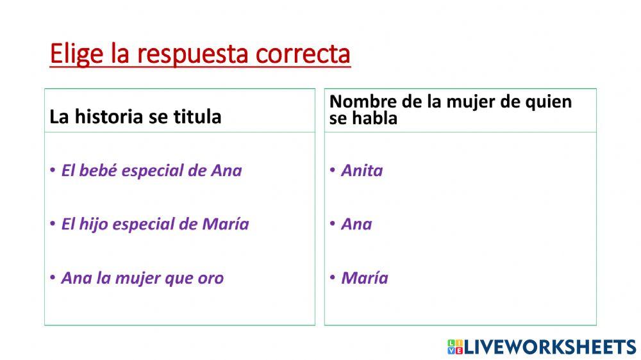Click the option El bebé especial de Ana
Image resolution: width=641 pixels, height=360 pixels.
(151, 170)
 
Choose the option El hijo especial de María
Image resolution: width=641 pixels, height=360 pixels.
(154, 224)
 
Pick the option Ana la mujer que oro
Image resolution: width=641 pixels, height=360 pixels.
(142, 278)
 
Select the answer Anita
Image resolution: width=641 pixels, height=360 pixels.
(362, 170)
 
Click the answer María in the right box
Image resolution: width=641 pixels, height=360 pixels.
(364, 278)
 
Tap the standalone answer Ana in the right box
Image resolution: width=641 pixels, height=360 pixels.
(356, 224)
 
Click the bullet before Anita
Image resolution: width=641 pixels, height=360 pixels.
(333, 170)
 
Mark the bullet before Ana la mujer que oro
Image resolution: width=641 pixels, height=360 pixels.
(53, 278)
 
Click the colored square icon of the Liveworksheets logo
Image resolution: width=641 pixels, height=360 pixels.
(454, 347)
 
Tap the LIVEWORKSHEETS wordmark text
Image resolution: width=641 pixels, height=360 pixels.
(549, 347)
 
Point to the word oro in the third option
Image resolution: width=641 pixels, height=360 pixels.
(211, 279)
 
